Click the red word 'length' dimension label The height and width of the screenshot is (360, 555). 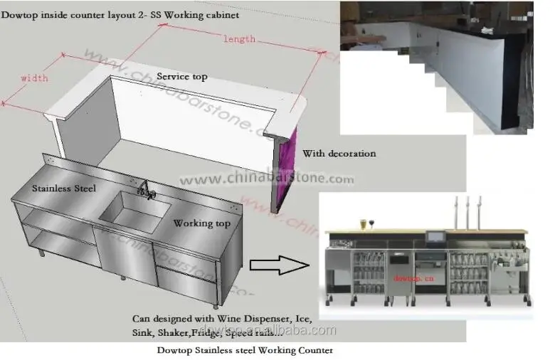click(x=238, y=39)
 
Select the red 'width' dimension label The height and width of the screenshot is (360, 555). click(x=34, y=78)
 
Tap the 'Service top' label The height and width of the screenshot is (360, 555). click(x=181, y=76)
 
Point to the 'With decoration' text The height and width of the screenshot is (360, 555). click(x=339, y=153)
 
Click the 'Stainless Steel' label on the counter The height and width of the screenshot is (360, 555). click(x=63, y=189)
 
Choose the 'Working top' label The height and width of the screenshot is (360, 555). click(x=202, y=223)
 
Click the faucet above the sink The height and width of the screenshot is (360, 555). click(x=147, y=189)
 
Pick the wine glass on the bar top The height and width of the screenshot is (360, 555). click(x=371, y=223)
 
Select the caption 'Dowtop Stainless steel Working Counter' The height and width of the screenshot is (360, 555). click(x=244, y=350)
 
